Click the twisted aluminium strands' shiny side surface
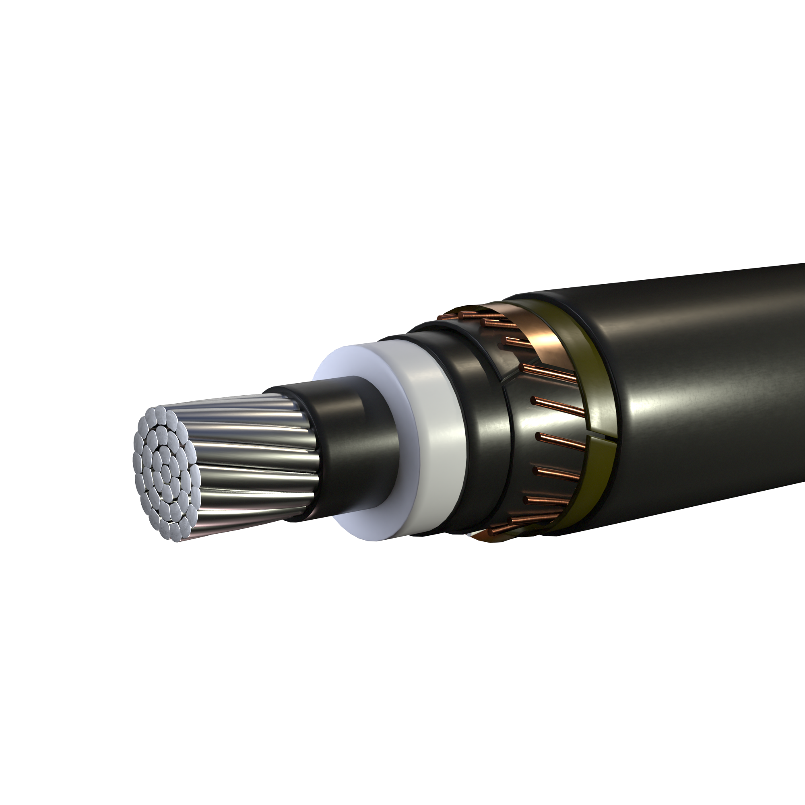tap(254, 458)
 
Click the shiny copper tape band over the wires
tap(542, 333)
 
